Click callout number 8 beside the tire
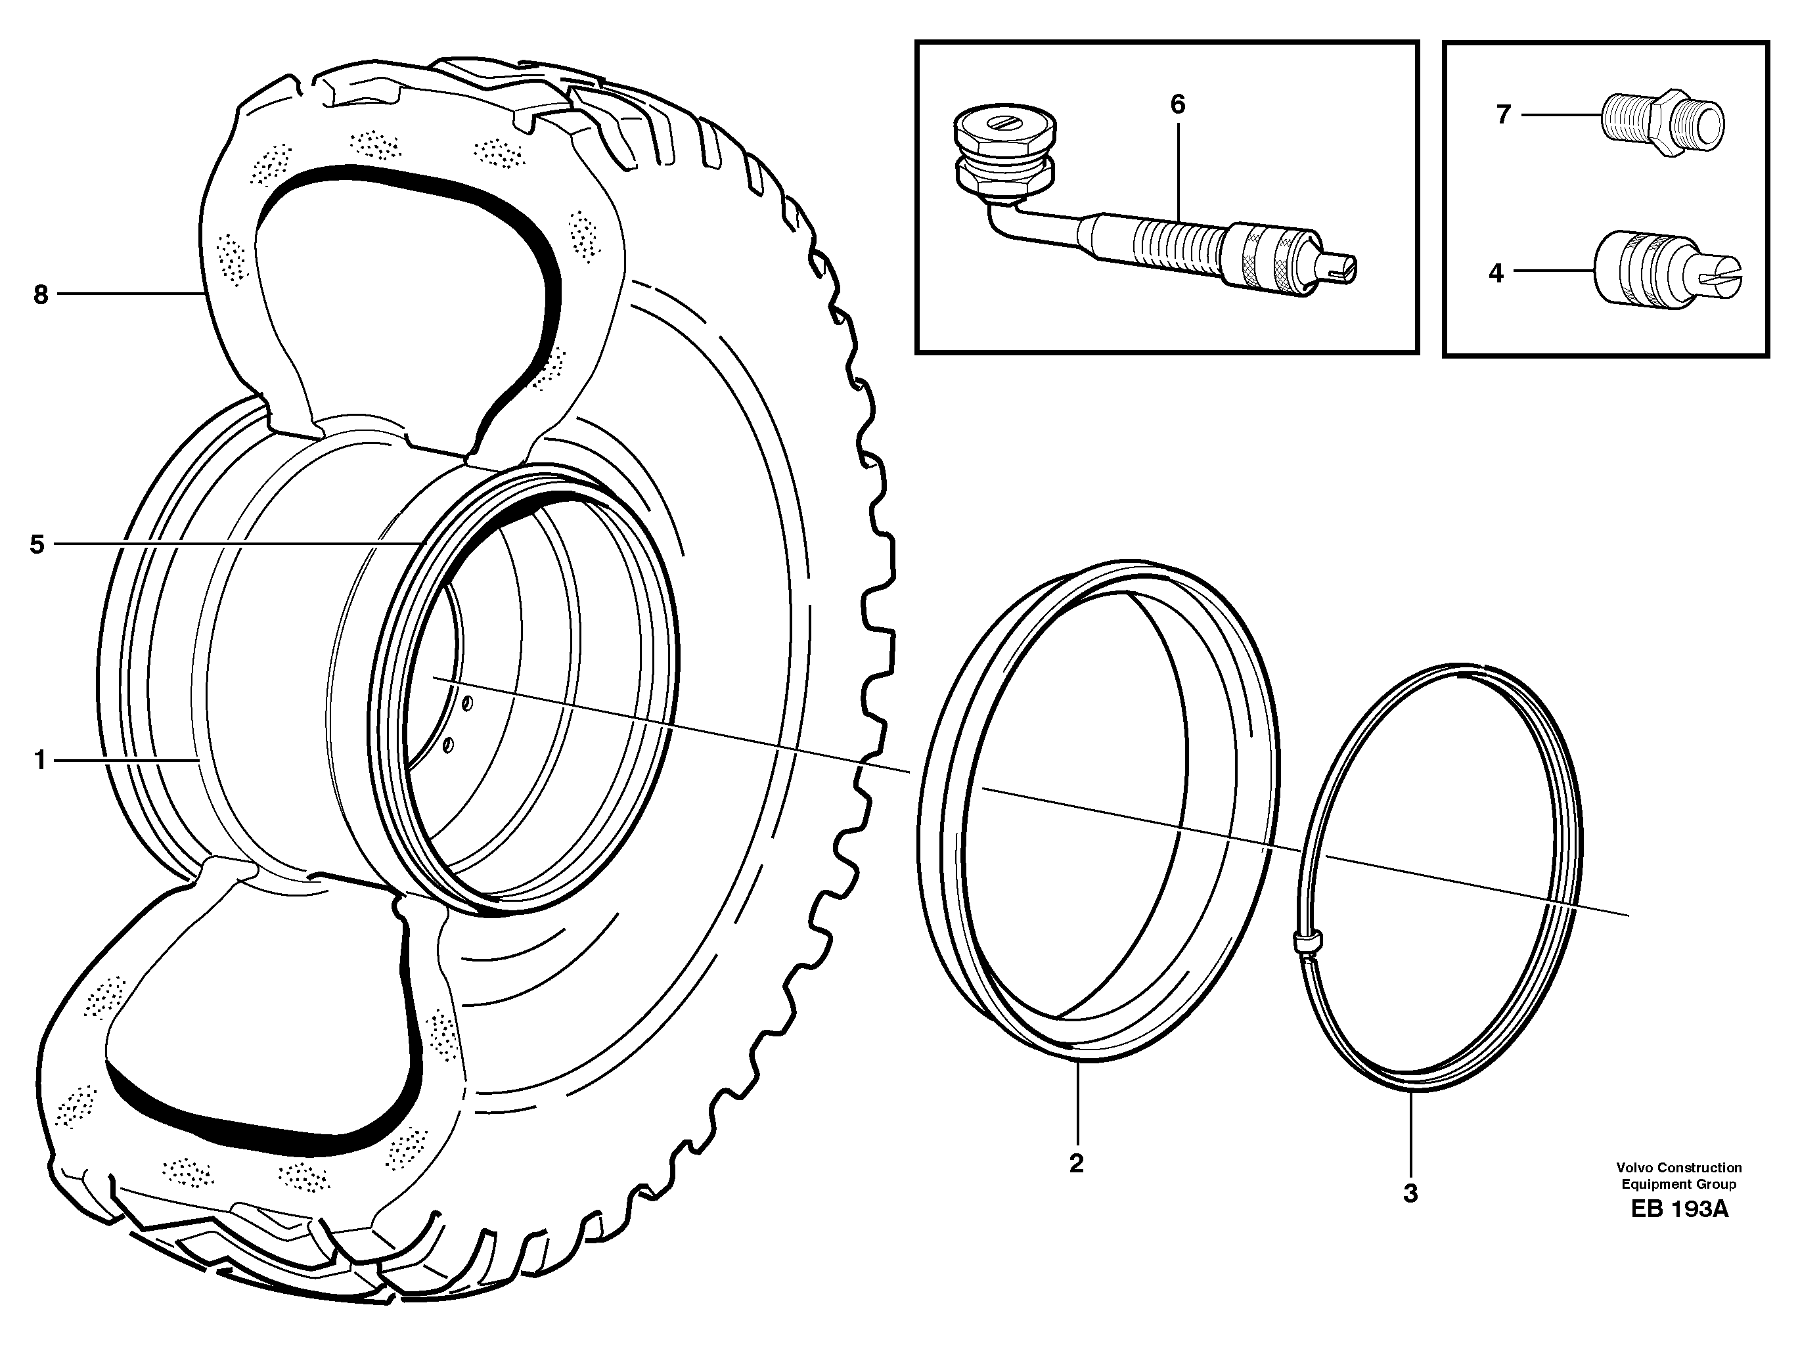pos(41,295)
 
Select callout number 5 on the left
pos(37,544)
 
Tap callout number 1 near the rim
pos(39,761)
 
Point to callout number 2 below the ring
pos(1076,1163)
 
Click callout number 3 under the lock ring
pos(1410,1193)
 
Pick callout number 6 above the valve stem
pos(1177,104)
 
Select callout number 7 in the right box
pos(1504,115)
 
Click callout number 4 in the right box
pos(1496,273)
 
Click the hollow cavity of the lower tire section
pos(261,1061)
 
